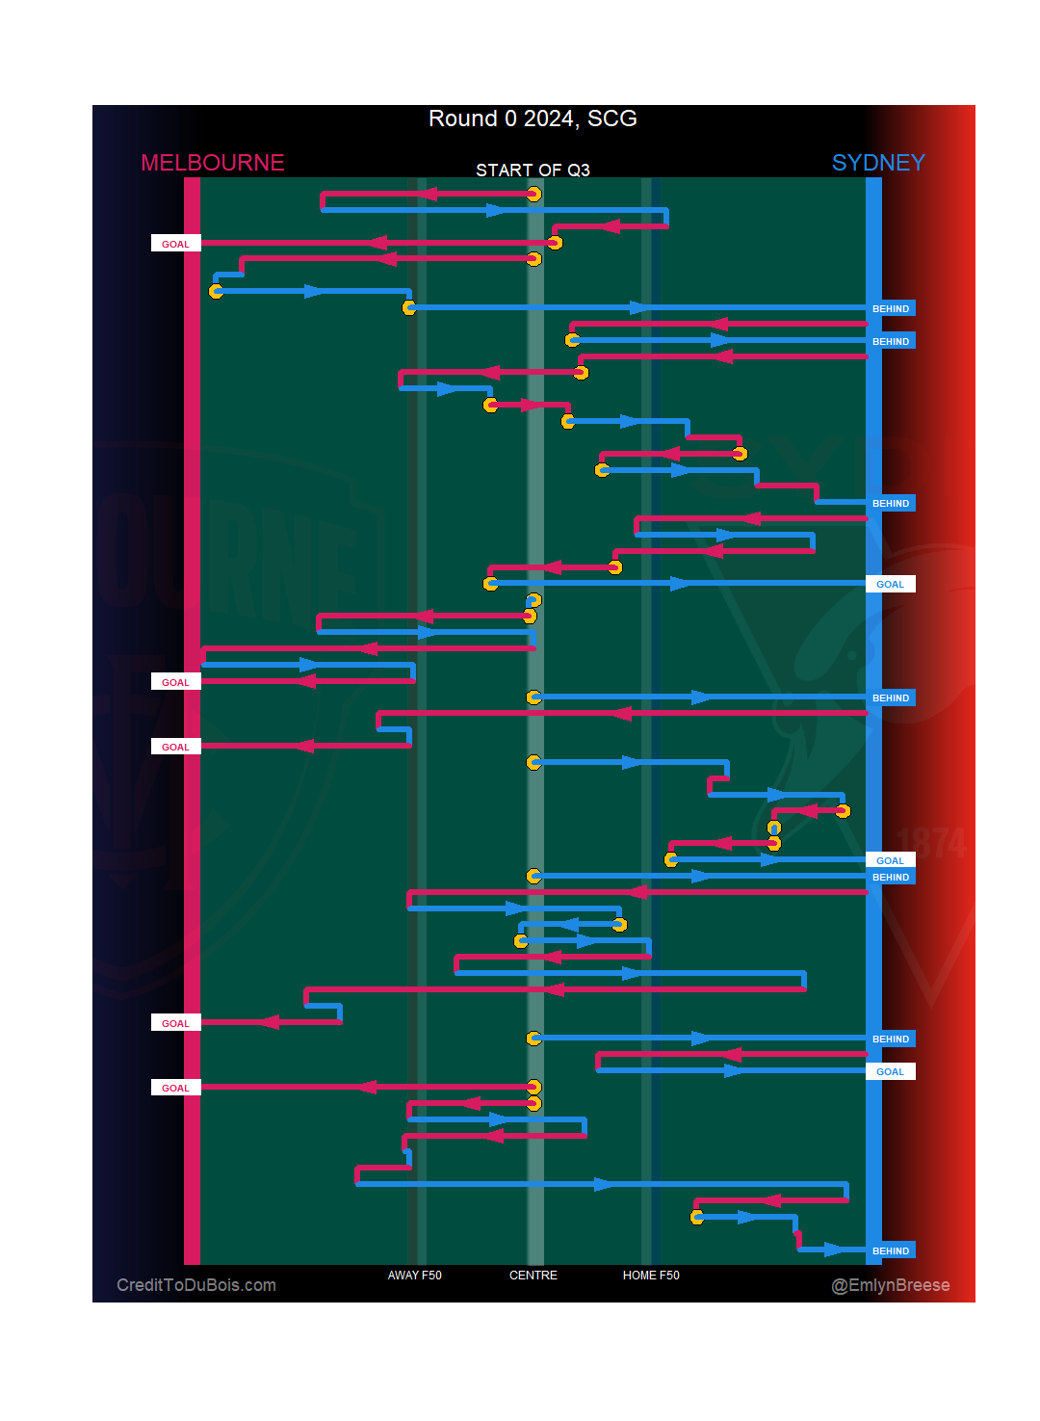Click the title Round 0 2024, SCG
pyautogui.click(x=533, y=118)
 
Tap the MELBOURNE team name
pyautogui.click(x=212, y=163)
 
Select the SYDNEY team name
pyautogui.click(x=877, y=163)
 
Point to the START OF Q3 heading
pyautogui.click(x=533, y=171)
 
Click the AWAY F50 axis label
pyautogui.click(x=414, y=1276)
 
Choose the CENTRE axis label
pyautogui.click(x=533, y=1276)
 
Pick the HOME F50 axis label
pyautogui.click(x=651, y=1276)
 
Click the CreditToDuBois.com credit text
pyautogui.click(x=196, y=1285)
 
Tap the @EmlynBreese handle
pyautogui.click(x=890, y=1285)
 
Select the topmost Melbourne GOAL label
pyautogui.click(x=175, y=244)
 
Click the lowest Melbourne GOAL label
pyautogui.click(x=175, y=1088)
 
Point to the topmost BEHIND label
pyautogui.click(x=890, y=309)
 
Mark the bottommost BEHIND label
pyautogui.click(x=890, y=1250)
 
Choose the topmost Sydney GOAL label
pyautogui.click(x=890, y=584)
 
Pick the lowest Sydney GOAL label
pyautogui.click(x=890, y=1071)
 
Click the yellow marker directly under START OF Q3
pyautogui.click(x=533, y=194)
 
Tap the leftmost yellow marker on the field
pyautogui.click(x=217, y=291)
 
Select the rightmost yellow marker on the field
pyautogui.click(x=843, y=811)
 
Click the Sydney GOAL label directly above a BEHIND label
pyautogui.click(x=890, y=860)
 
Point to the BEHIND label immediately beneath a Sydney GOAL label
pyautogui.click(x=890, y=877)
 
